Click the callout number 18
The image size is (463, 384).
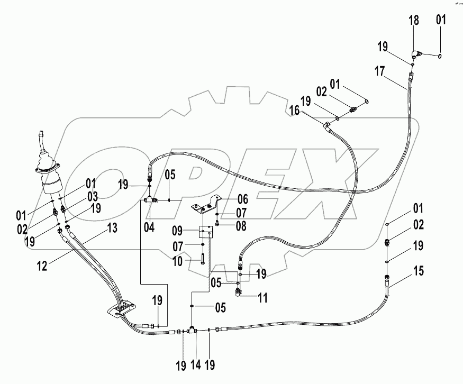coord(414,21)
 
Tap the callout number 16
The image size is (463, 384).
coord(295,110)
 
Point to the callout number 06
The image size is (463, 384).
coord(242,199)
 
